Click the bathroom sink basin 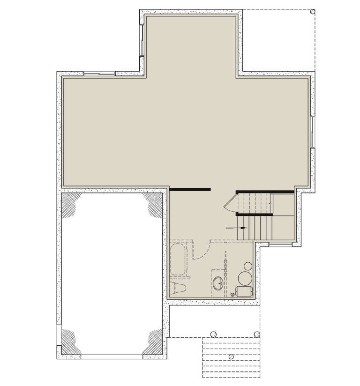coord(218,283)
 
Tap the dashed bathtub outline coord(178,259)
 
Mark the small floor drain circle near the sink coord(232,294)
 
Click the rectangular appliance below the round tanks coord(243,291)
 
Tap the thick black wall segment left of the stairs coord(190,189)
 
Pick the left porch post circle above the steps coord(213,334)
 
